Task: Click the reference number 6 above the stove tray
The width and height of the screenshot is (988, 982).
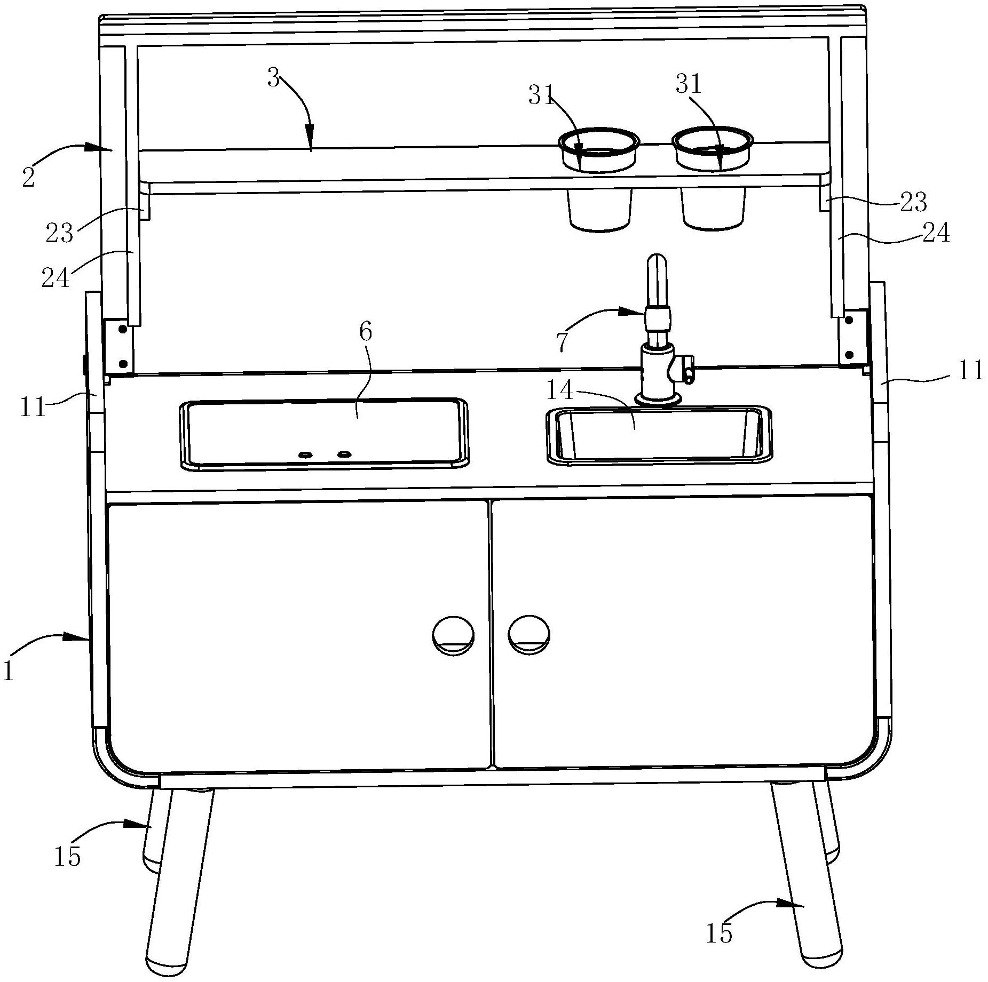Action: pos(366,332)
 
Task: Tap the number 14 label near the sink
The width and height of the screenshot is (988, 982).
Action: pos(559,391)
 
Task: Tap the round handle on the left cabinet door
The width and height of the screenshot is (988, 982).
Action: pos(453,635)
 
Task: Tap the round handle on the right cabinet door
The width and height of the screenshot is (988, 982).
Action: pos(529,634)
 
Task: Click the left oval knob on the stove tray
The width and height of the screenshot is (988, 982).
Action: pos(305,454)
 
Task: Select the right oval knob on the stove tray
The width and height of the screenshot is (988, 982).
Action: pos(345,454)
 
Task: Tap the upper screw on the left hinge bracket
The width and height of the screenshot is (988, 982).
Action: pos(123,330)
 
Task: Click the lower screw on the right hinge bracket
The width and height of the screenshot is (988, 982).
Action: pos(849,354)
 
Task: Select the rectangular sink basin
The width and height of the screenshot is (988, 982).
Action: pos(658,433)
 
